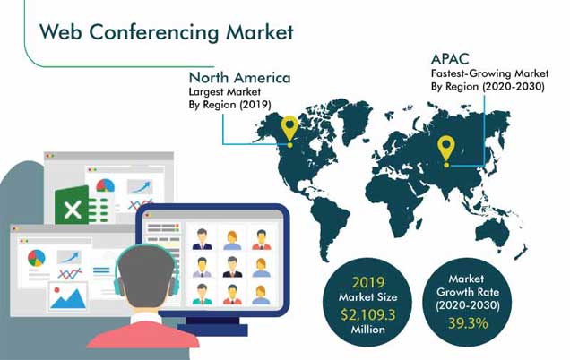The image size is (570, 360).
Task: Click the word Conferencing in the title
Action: coord(154,33)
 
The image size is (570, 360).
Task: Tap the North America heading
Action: coord(239,78)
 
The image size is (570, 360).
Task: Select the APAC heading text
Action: coord(450,59)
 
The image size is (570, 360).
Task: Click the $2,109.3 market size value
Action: coord(367,314)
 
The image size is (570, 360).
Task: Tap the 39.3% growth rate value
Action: coord(468,323)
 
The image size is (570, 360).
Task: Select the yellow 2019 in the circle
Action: coord(367,282)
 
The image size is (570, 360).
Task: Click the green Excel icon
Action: coord(73,206)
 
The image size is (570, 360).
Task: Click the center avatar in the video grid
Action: coord(232,267)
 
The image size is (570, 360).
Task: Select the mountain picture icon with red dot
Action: coord(67,296)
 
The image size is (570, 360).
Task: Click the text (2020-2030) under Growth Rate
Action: coord(468,305)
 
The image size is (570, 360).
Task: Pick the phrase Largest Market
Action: coord(225,91)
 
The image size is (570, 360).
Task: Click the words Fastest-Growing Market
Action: coord(489,73)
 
